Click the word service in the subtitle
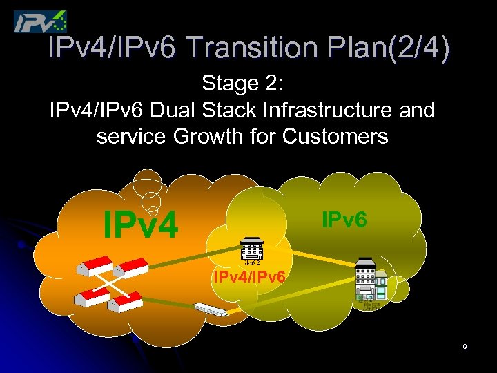pyautogui.click(x=131, y=136)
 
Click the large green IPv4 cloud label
pyautogui.click(x=140, y=222)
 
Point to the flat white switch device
pyautogui.click(x=211, y=309)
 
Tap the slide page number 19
pyautogui.click(x=463, y=347)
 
